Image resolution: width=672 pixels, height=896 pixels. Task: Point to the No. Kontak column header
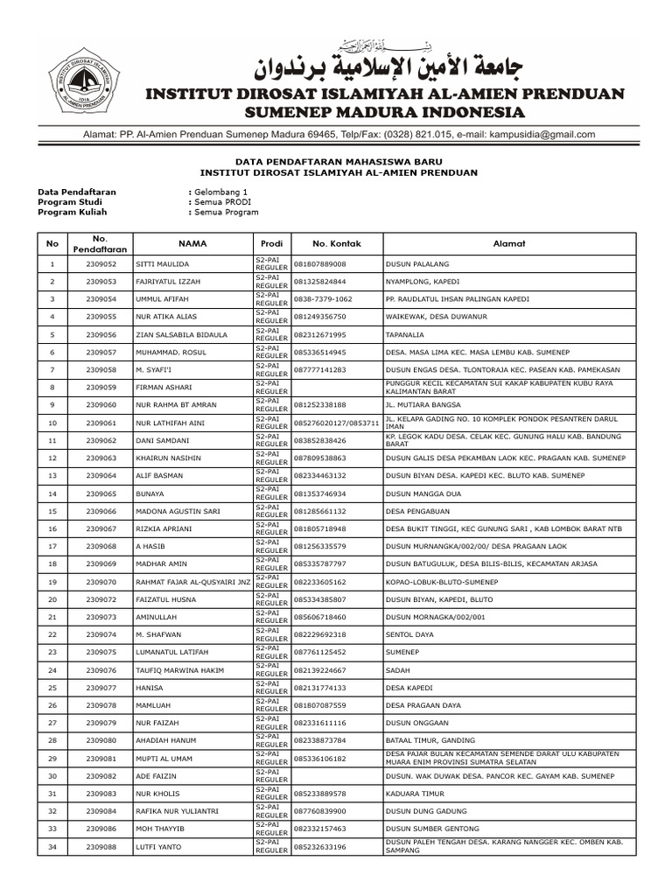[x=336, y=242]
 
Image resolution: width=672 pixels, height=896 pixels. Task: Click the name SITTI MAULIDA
[x=162, y=263]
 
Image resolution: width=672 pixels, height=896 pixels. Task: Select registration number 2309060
[x=101, y=405]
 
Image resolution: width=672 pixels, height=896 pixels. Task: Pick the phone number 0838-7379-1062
[x=323, y=298]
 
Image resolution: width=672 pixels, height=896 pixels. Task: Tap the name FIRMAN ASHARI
[x=164, y=387]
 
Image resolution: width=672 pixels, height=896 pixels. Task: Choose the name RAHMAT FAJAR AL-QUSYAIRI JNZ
[x=192, y=582]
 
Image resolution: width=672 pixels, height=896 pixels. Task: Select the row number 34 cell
[x=52, y=847]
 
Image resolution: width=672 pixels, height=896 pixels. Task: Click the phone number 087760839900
[x=319, y=811]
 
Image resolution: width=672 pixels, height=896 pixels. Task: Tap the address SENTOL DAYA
[x=409, y=634]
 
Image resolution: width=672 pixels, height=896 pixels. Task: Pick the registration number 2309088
[x=101, y=847]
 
